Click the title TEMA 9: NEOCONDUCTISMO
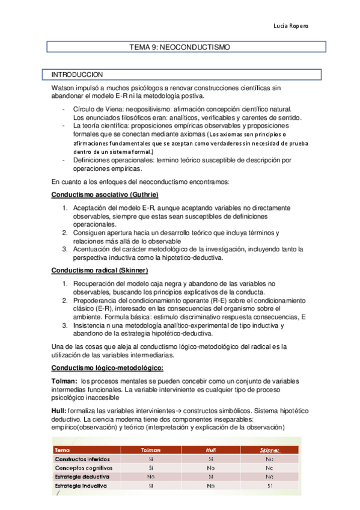click(180, 46)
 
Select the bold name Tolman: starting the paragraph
click(64, 381)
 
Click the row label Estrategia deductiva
click(81, 476)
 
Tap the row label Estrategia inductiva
click(81, 485)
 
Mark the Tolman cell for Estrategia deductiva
click(151, 476)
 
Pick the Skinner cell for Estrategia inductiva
click(269, 485)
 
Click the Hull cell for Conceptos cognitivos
click(210, 467)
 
